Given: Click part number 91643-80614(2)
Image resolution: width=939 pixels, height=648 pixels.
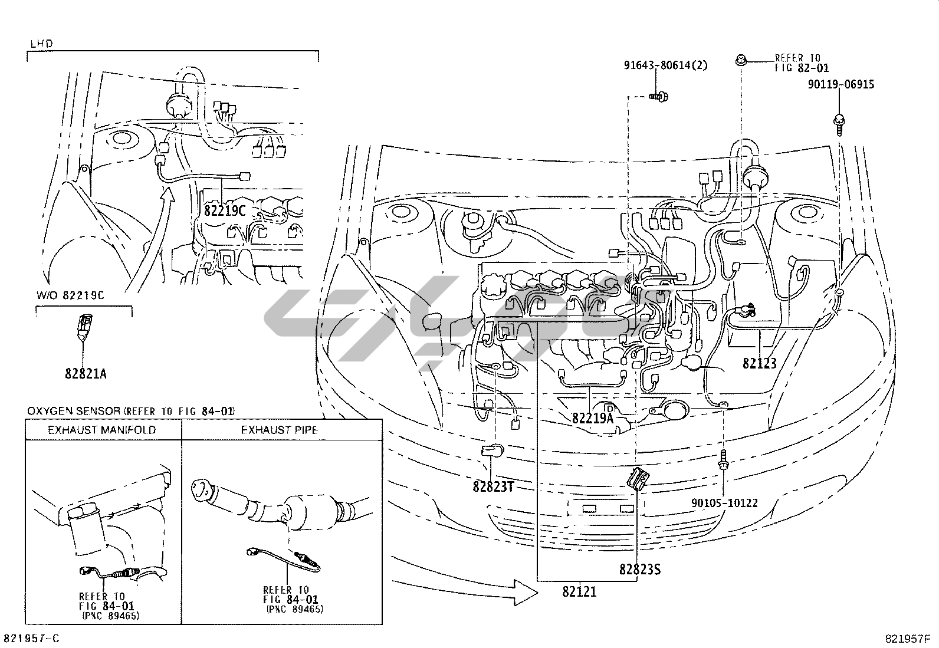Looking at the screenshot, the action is pyautogui.click(x=666, y=65).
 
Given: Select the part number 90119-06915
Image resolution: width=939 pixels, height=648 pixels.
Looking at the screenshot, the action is pyautogui.click(x=841, y=84).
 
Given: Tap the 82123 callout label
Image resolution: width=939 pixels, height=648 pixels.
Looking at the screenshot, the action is pyautogui.click(x=760, y=363).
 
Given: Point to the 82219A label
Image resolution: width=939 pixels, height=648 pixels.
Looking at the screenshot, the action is pyautogui.click(x=593, y=418).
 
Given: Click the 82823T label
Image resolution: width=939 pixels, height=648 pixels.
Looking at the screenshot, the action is pyautogui.click(x=493, y=486).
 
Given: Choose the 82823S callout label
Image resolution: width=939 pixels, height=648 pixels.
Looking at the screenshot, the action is pyautogui.click(x=640, y=569).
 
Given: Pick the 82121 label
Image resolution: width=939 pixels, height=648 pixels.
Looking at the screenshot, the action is pyautogui.click(x=579, y=591).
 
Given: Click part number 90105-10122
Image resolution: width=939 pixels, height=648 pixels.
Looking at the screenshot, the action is pyautogui.click(x=724, y=503).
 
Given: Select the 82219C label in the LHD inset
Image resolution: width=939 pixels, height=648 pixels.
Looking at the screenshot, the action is pyautogui.click(x=225, y=210).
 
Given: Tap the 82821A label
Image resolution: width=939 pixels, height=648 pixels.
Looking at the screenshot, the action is pyautogui.click(x=86, y=373).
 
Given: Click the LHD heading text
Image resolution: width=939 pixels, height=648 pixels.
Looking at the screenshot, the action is pyautogui.click(x=42, y=44).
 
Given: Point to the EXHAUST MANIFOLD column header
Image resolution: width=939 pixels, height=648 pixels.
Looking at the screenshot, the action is pyautogui.click(x=102, y=430).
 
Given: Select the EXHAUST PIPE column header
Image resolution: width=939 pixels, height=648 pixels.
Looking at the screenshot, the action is pyautogui.click(x=279, y=430).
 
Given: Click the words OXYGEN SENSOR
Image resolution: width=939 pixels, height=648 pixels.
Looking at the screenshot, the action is pyautogui.click(x=74, y=411).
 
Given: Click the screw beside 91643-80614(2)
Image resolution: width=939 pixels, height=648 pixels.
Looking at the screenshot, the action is pyautogui.click(x=659, y=97).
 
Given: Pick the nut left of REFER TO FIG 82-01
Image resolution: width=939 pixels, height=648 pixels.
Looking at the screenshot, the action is pyautogui.click(x=741, y=61).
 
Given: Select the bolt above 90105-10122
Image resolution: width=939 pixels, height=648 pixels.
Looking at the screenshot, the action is pyautogui.click(x=724, y=460).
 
